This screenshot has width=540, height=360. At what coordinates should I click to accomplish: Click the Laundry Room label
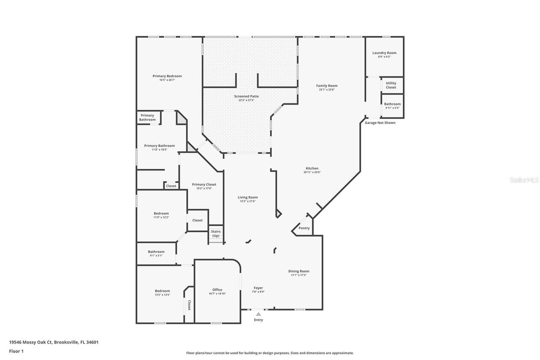pos(384,53)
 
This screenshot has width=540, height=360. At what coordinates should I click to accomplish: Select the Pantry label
pos(304,228)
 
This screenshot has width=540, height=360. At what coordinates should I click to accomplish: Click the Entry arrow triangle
pos(258,314)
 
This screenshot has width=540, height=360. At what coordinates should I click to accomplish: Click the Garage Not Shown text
pos(380,122)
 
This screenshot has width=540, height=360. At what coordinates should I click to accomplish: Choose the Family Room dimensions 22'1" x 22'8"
pos(327,89)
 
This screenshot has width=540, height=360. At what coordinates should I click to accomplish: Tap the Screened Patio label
pos(246,96)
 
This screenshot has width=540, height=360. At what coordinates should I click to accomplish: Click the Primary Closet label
pos(204,184)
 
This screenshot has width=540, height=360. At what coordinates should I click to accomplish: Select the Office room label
pos(217,290)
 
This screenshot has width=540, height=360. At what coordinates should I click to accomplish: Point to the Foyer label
pos(258,288)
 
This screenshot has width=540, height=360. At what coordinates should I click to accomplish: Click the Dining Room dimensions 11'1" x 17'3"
pos(299,275)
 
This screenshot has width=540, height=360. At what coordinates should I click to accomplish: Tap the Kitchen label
pos(312,168)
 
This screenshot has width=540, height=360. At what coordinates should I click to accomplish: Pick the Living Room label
pos(248,197)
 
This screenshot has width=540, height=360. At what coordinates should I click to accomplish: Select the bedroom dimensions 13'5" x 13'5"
pos(162,295)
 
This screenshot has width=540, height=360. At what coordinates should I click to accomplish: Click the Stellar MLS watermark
pos(524,180)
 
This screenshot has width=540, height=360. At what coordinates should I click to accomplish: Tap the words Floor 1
pos(16,351)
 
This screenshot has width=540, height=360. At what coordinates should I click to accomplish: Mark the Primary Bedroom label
pos(167,76)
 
